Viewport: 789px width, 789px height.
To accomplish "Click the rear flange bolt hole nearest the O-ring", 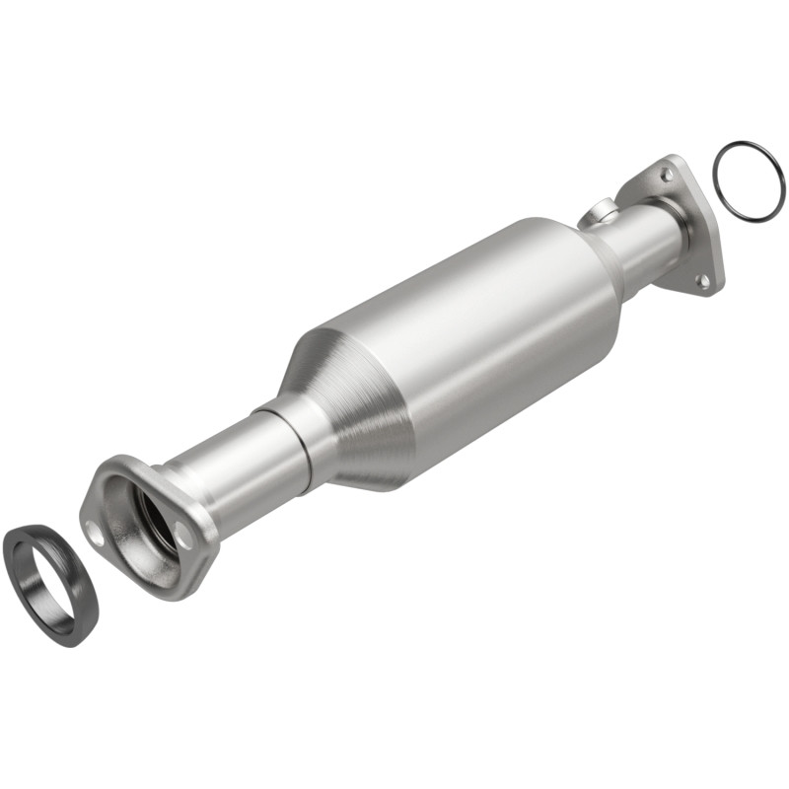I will [668, 175].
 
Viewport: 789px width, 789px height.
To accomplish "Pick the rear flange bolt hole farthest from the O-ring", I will [702, 281].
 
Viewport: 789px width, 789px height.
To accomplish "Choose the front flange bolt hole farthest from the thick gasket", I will [183, 536].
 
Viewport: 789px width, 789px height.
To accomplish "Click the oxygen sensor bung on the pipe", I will [598, 211].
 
